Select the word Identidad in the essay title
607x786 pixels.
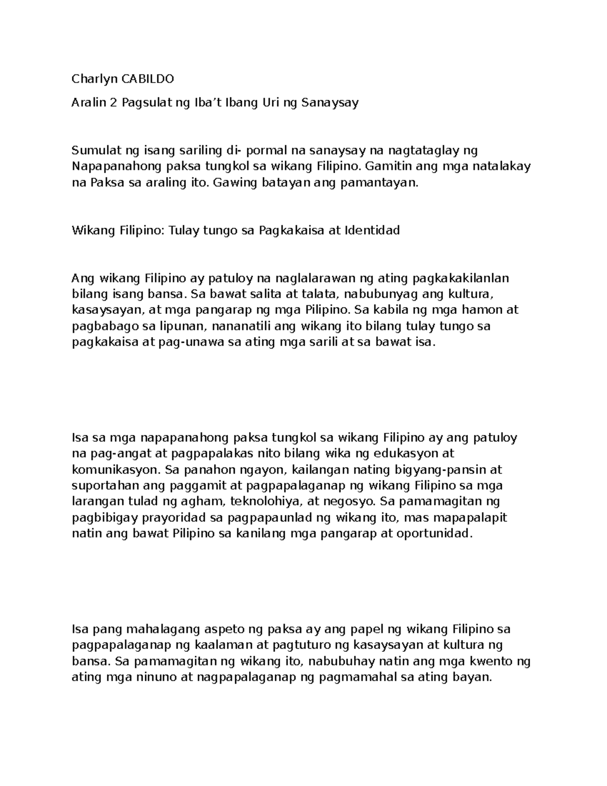tap(372, 230)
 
